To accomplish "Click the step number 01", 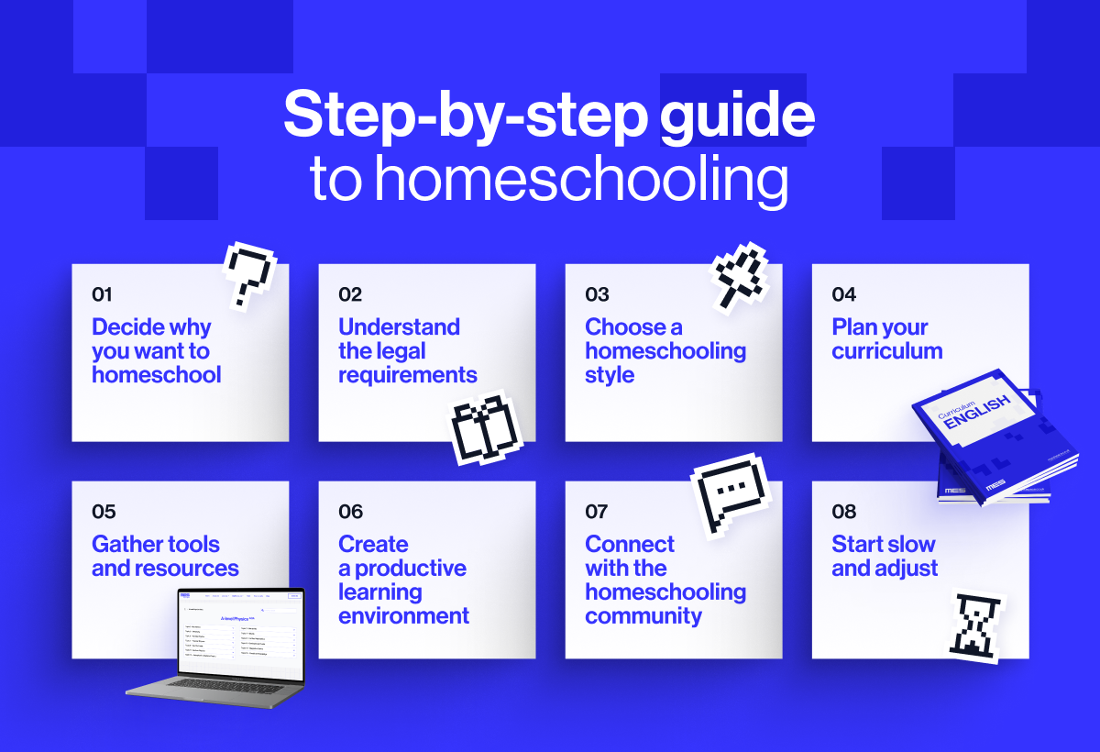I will coord(102,294).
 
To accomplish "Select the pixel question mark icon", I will coord(248,272).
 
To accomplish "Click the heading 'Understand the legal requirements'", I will coord(407,351).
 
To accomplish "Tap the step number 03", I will coord(597,294).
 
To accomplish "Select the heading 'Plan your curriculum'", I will coord(886,339).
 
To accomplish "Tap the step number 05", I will coord(104,512).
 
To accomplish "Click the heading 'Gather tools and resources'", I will coord(165,556).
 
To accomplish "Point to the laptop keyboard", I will coord(214,687).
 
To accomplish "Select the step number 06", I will coord(350,512).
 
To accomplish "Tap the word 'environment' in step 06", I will coord(403,615).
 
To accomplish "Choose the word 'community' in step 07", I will coord(643,615).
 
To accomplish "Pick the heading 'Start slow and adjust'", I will coord(884,556).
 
